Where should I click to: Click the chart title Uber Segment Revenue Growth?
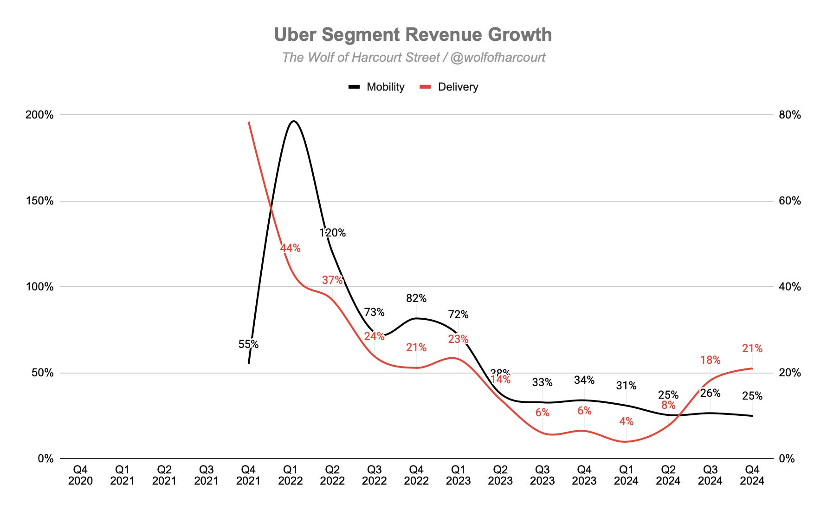pos(413,35)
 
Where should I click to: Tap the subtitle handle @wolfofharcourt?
pos(498,58)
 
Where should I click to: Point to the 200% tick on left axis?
pos(39,115)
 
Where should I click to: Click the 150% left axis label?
pos(39,201)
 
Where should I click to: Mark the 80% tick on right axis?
pos(790,115)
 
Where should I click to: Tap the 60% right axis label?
pos(790,201)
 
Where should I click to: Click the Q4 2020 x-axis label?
pos(80,475)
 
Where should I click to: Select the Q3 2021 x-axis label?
pos(206,475)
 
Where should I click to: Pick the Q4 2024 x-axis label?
pos(752,475)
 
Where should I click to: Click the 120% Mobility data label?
pos(332,232)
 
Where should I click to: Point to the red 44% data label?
pos(290,248)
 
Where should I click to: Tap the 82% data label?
pos(416,298)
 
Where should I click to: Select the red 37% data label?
pos(332,280)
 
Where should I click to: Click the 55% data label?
pos(248,344)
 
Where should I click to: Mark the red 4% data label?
pos(626,421)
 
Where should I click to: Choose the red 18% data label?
pos(710,360)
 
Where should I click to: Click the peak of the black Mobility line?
pos(293,121)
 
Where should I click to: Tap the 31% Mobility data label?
pos(626,386)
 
